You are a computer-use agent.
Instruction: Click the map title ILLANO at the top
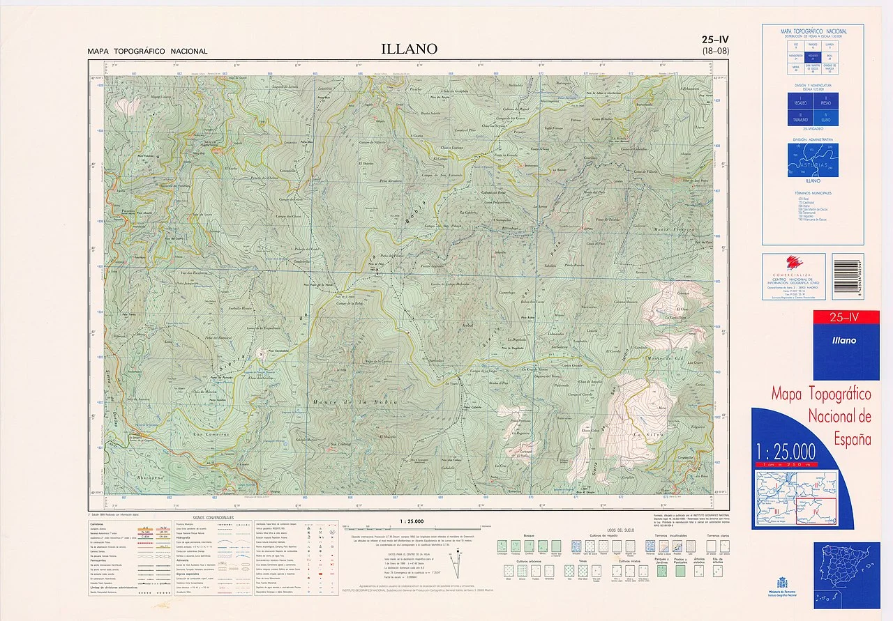tap(409, 49)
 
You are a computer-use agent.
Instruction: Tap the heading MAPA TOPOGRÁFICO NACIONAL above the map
tap(147, 52)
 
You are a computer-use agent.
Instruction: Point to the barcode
tap(848, 276)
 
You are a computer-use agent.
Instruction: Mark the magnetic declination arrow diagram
tap(457, 563)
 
